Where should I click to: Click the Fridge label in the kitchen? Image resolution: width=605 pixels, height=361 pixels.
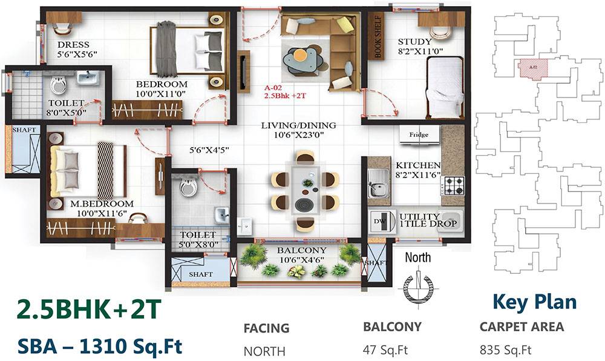[419, 134]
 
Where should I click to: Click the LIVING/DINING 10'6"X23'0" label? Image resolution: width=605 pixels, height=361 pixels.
[298, 131]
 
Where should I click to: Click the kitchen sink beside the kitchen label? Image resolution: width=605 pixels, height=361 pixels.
[378, 182]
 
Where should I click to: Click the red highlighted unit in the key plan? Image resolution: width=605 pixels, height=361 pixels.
[533, 68]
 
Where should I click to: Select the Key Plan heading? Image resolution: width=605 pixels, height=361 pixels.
[534, 301]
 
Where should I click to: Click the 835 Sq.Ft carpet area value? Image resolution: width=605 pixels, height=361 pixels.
[505, 349]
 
